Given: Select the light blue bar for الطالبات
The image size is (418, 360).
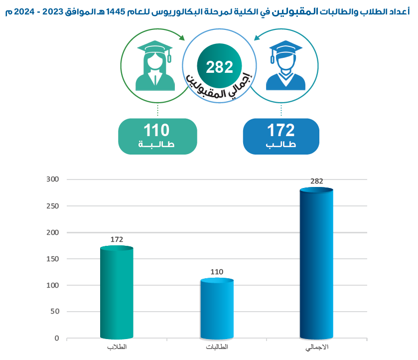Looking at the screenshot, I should [x=217, y=309].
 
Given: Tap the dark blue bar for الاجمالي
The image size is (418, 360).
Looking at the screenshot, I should [x=316, y=264].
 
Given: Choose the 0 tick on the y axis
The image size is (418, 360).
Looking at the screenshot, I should [x=57, y=338].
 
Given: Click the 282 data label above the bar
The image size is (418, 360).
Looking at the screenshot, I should [x=317, y=181].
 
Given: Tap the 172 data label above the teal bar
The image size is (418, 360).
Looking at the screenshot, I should [x=117, y=240].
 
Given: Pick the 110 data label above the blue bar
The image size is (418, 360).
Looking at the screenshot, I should [x=217, y=272].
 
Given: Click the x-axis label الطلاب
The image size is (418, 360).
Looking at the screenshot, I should [x=117, y=347].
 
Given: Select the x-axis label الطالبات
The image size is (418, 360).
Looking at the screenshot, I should [x=217, y=347].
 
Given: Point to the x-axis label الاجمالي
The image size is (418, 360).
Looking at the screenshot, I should [x=316, y=347].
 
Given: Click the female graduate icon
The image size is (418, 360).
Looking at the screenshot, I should [x=155, y=65].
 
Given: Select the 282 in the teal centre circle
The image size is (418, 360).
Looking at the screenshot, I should [x=220, y=67].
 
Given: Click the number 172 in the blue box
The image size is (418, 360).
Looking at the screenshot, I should [x=281, y=131].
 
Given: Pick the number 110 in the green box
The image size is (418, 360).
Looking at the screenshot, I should [x=157, y=131].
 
